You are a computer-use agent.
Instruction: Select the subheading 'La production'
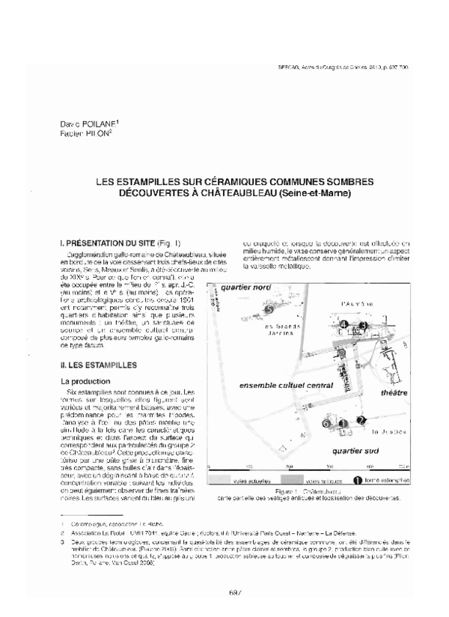[85, 381]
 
